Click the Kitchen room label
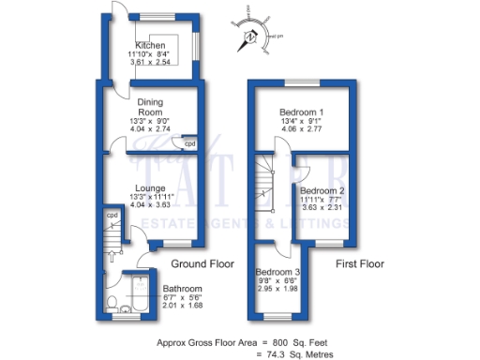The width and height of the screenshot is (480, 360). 150,46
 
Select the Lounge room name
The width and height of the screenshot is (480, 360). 150,187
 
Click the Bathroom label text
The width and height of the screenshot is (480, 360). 183,288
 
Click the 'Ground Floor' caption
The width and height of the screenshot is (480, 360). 203,264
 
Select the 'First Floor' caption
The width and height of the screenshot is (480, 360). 360,265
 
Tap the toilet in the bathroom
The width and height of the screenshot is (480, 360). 112,303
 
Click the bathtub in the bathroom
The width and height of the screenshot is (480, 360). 139,294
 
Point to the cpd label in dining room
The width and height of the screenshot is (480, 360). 188,143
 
